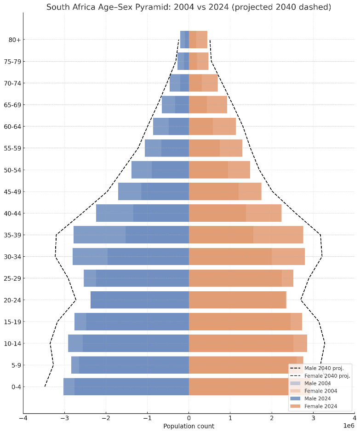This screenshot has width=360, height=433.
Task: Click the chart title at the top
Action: click(x=189, y=7)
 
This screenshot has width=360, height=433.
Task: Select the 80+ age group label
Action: click(x=14, y=40)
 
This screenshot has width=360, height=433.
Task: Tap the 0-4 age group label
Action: click(x=16, y=387)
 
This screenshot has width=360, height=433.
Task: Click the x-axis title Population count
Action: click(x=189, y=426)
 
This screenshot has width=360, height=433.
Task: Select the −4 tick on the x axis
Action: click(x=23, y=418)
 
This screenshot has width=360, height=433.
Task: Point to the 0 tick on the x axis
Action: click(x=189, y=418)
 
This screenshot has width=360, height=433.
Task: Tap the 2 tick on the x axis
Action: click(x=272, y=418)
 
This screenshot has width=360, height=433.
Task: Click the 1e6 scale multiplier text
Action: click(x=349, y=426)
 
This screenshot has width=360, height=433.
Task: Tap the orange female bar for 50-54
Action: click(x=219, y=170)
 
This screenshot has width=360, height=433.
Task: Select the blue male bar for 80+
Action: click(x=184, y=40)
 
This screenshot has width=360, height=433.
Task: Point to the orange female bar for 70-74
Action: click(x=203, y=83)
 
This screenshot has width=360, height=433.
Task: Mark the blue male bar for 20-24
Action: click(x=140, y=300)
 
